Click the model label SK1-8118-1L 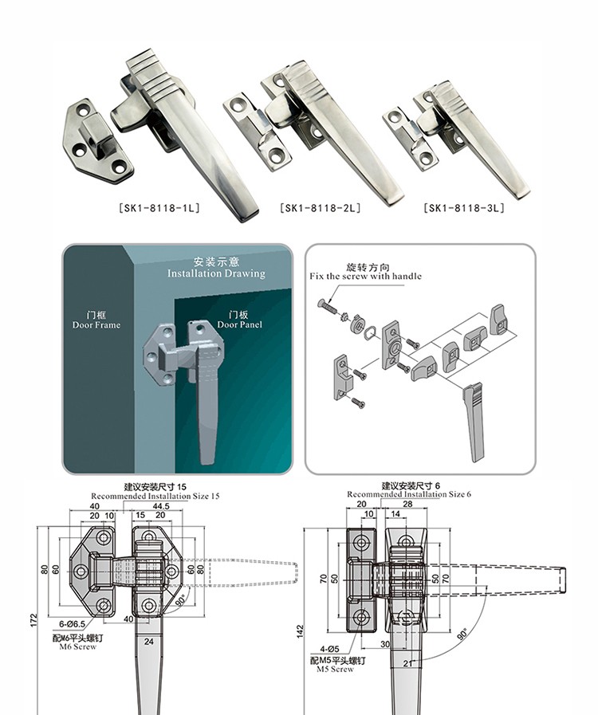pos(159,208)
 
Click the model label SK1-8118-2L pos(321,208)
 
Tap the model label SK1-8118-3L pos(464,208)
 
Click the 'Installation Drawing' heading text pos(216,273)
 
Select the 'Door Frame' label pos(96,325)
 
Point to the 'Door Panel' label pos(239,324)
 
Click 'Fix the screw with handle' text pos(365,277)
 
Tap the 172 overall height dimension pos(33,619)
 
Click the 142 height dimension pos(300,631)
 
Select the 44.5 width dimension pos(161,506)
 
